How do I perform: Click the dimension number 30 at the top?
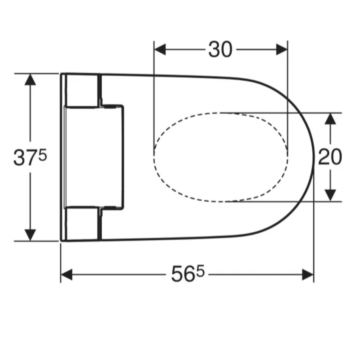pos(220,49)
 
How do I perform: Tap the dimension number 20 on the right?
pos(330,157)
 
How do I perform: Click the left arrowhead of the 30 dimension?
pos(160,49)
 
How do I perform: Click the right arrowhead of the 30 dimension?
pos(282,49)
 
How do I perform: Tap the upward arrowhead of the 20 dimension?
pos(330,119)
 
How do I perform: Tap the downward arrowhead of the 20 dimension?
pos(330,196)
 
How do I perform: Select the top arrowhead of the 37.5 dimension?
pos(30,80)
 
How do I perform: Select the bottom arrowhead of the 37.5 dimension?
pos(30,235)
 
